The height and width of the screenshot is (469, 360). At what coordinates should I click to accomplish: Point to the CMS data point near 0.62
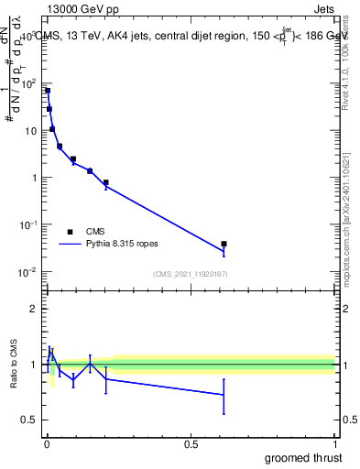pyautogui.click(x=224, y=244)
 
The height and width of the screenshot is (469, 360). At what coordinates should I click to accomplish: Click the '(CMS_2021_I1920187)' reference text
pyautogui.click(x=190, y=273)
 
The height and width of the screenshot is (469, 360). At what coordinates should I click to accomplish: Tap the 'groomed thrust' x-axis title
pyautogui.click(x=303, y=457)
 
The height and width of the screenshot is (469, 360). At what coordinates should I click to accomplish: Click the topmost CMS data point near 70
pyautogui.click(x=47, y=91)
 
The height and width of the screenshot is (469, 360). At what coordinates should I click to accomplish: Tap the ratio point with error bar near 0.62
pyautogui.click(x=224, y=395)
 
